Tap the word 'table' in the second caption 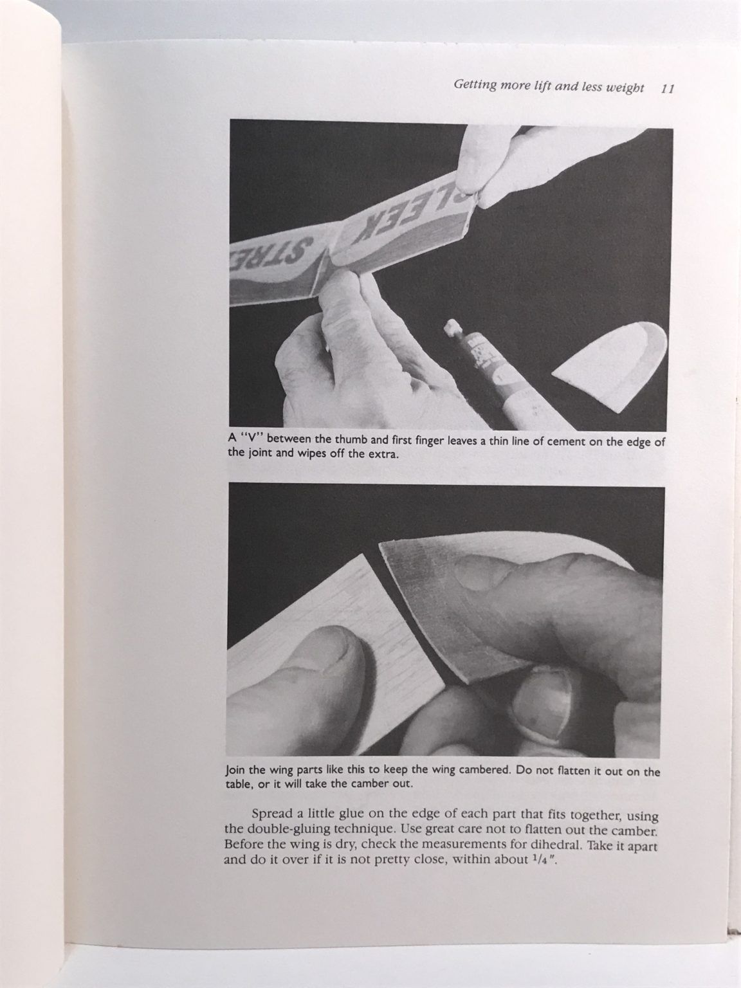[x=239, y=783]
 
